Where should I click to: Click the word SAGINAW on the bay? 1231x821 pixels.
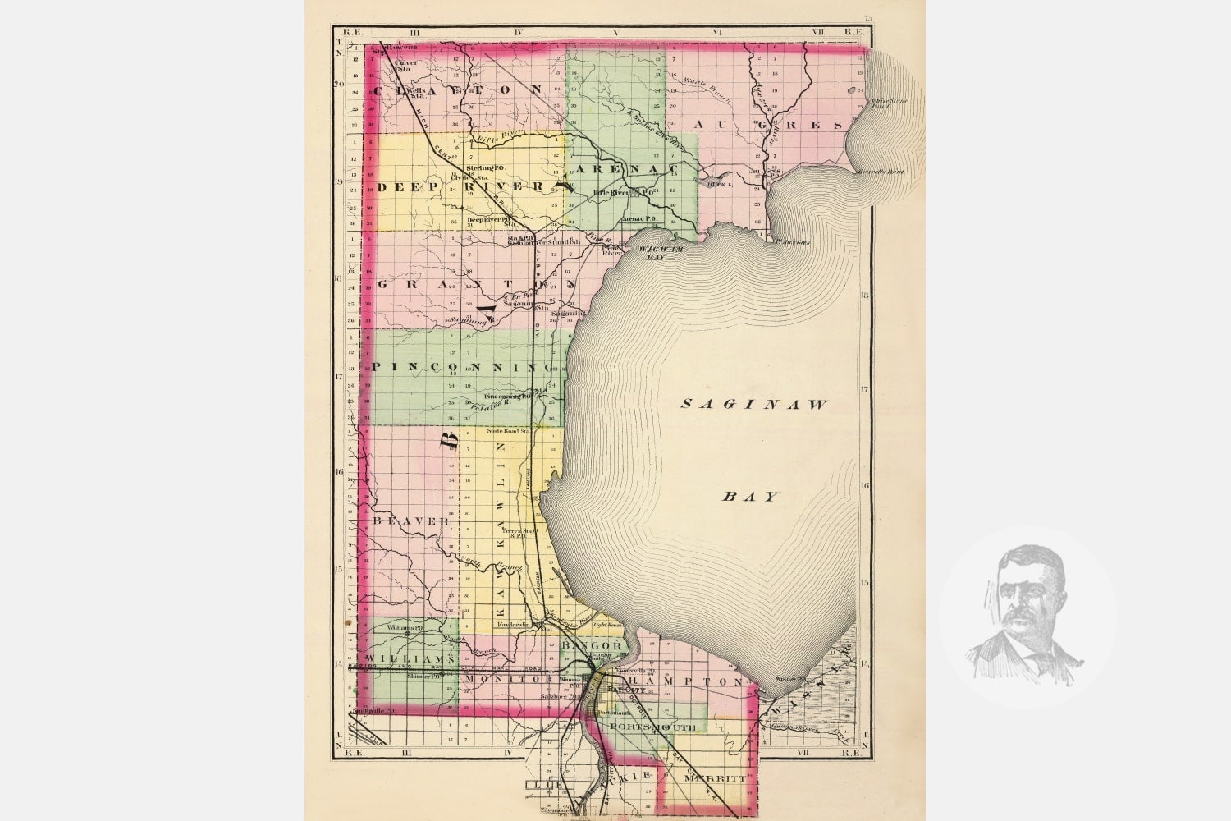756,404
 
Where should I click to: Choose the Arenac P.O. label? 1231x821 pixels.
638,219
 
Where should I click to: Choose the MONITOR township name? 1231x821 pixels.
519,680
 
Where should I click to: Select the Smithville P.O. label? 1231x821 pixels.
374,709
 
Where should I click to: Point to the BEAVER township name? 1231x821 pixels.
410,521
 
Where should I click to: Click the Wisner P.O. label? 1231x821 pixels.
793,680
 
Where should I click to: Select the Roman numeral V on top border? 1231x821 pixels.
614,33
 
